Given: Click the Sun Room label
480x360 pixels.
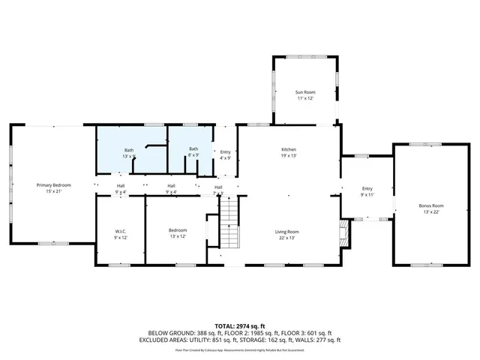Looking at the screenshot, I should (x=304, y=92).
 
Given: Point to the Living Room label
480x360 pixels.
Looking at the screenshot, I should (x=287, y=232).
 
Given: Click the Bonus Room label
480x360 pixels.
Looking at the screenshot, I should (x=431, y=205).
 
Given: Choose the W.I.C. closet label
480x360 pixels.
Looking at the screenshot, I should (x=120, y=230).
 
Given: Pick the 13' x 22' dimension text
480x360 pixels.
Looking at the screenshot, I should (x=431, y=212).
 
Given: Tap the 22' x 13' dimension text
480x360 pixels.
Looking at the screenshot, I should (x=287, y=238).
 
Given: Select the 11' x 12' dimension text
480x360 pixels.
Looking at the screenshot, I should (x=304, y=99).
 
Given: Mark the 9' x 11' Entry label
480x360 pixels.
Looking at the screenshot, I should (x=367, y=191).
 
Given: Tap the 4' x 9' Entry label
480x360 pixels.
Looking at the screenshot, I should (x=225, y=155).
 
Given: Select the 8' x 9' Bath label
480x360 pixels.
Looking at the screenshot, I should (x=193, y=152).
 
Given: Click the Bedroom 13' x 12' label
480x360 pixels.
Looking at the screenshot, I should (x=178, y=233).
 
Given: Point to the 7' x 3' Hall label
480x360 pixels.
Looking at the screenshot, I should (x=218, y=190).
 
